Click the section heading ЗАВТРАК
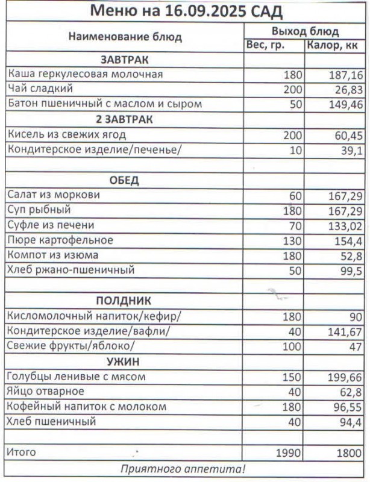point(125,60)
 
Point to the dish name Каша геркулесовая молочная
point(85,74)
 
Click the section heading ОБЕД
point(124,180)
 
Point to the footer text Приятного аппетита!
point(183,468)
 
